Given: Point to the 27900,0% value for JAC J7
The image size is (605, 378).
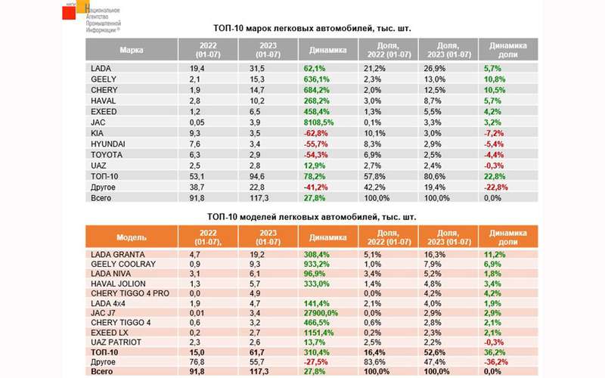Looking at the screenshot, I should coord(326,312).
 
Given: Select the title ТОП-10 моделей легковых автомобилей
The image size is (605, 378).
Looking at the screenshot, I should coord(311,217).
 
